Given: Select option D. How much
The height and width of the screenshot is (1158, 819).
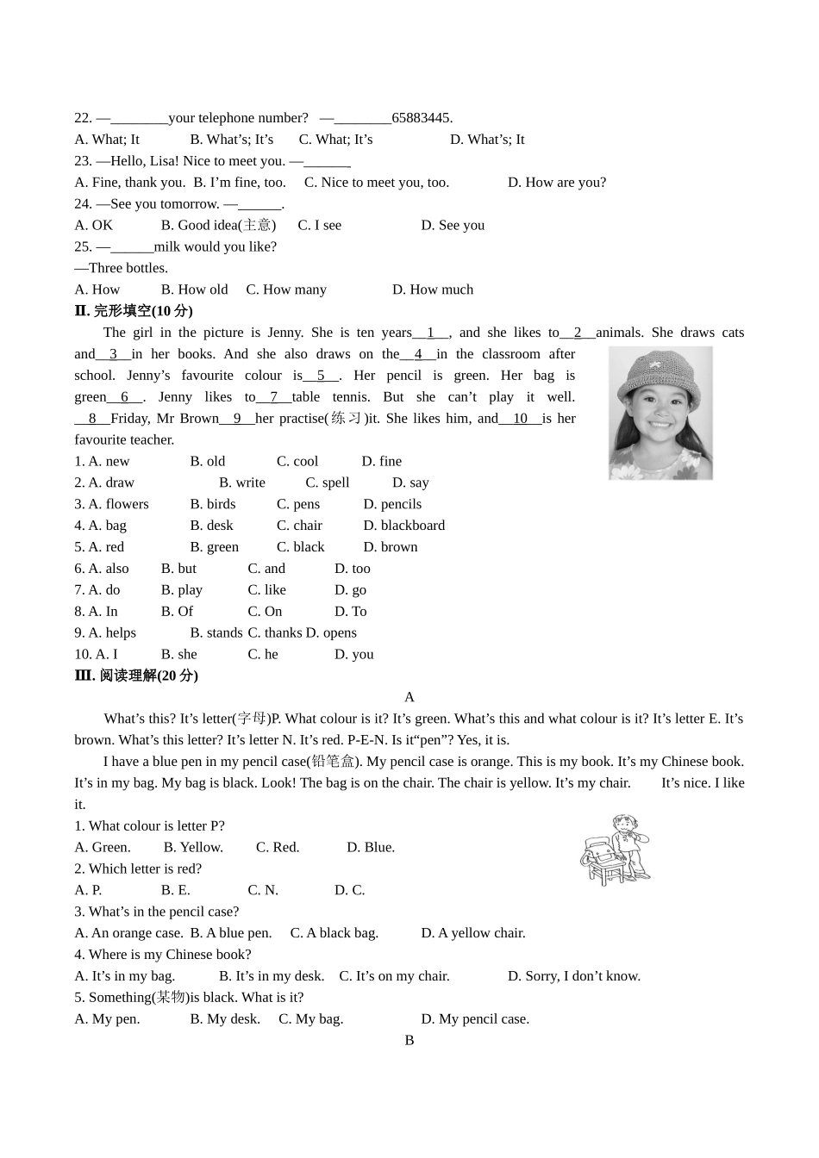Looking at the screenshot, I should click(x=433, y=289).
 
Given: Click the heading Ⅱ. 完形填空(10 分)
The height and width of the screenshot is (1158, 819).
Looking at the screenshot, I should click(x=136, y=311).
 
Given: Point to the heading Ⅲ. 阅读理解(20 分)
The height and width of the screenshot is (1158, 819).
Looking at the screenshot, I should click(x=136, y=675).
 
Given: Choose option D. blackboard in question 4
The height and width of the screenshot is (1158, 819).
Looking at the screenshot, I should click(x=403, y=526).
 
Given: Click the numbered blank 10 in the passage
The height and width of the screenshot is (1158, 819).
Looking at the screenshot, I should click(x=520, y=419).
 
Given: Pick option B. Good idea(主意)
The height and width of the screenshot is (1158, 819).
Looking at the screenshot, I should click(x=218, y=225).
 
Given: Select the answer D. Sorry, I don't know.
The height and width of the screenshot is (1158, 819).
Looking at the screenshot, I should click(x=573, y=976).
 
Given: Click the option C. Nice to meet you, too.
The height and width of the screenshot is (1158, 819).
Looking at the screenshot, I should click(x=376, y=183).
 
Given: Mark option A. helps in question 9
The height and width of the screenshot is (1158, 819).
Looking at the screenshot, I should click(x=105, y=633).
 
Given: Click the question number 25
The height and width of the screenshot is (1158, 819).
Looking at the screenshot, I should click(x=83, y=247).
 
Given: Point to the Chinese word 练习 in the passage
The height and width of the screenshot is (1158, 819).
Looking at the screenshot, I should click(x=347, y=419).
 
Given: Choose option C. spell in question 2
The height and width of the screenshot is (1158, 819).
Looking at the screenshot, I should click(x=328, y=482).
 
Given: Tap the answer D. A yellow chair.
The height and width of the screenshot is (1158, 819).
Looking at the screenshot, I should click(x=472, y=933).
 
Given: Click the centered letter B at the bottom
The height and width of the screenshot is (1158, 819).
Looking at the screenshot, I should click(x=409, y=1041).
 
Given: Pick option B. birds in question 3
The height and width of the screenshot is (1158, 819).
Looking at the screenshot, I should click(x=213, y=504).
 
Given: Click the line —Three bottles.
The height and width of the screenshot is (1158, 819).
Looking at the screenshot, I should click(x=121, y=268).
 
